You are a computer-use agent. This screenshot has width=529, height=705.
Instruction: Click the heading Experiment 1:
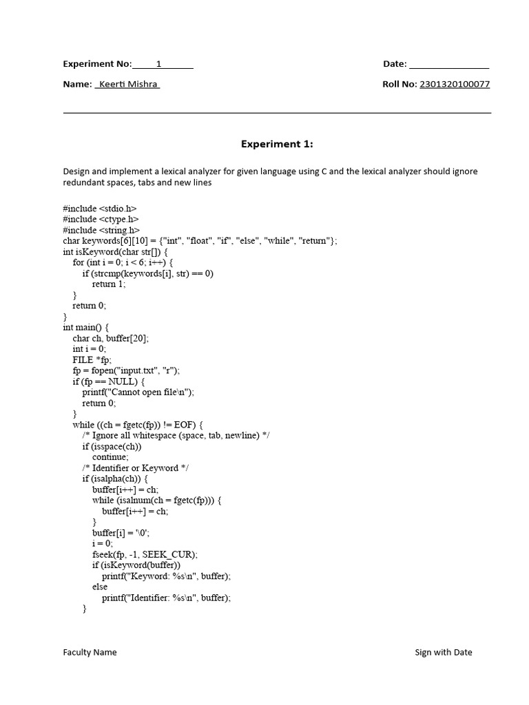(x=276, y=145)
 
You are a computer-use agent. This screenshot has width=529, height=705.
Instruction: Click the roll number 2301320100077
(x=455, y=85)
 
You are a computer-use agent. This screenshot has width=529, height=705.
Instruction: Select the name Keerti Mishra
(x=128, y=85)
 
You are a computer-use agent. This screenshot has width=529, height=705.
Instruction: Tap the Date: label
(x=395, y=64)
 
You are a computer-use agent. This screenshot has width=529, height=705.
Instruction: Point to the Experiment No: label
(x=97, y=64)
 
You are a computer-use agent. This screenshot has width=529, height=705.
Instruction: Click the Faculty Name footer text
(x=90, y=652)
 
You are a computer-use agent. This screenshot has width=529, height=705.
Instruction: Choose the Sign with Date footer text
(x=444, y=652)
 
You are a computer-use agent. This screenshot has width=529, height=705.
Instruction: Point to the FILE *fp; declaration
(x=92, y=360)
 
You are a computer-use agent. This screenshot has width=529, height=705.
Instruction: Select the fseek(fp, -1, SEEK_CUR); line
(x=145, y=554)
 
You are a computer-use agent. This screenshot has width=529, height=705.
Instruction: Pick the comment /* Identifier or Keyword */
(x=136, y=467)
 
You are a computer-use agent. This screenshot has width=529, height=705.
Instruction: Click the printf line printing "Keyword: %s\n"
(x=166, y=576)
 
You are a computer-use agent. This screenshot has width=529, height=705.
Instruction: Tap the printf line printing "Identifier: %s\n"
(x=166, y=598)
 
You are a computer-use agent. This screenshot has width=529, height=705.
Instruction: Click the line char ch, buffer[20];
(x=111, y=339)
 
